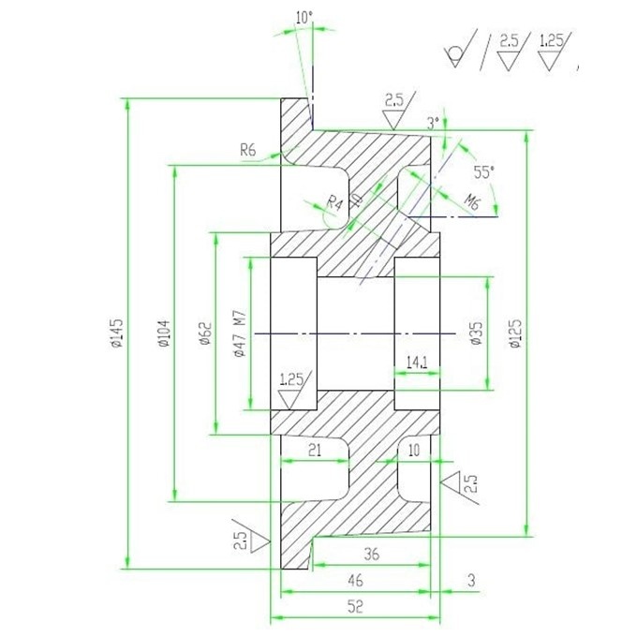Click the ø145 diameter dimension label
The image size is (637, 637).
click(x=117, y=333)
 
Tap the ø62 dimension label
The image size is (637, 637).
click(x=205, y=333)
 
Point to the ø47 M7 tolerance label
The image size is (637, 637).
click(x=240, y=333)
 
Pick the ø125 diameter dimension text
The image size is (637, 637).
click(x=514, y=333)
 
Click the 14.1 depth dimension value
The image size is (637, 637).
click(x=417, y=363)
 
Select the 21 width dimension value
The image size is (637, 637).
click(x=315, y=450)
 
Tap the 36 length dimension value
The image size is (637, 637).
click(x=371, y=554)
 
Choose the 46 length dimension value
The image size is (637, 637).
click(x=355, y=580)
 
